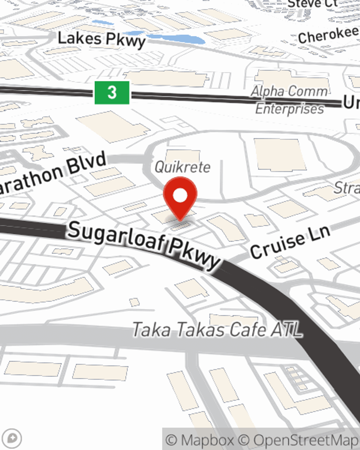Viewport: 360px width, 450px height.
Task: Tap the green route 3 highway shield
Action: pos(112,93)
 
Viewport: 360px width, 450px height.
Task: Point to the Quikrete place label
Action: pos(183,167)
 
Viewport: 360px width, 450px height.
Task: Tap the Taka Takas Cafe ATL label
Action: pos(217,329)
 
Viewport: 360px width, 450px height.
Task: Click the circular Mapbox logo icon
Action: pos(12,438)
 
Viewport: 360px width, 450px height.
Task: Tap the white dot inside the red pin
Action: pos(180,196)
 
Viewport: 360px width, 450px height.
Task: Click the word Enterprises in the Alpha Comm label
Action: pos(290,108)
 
